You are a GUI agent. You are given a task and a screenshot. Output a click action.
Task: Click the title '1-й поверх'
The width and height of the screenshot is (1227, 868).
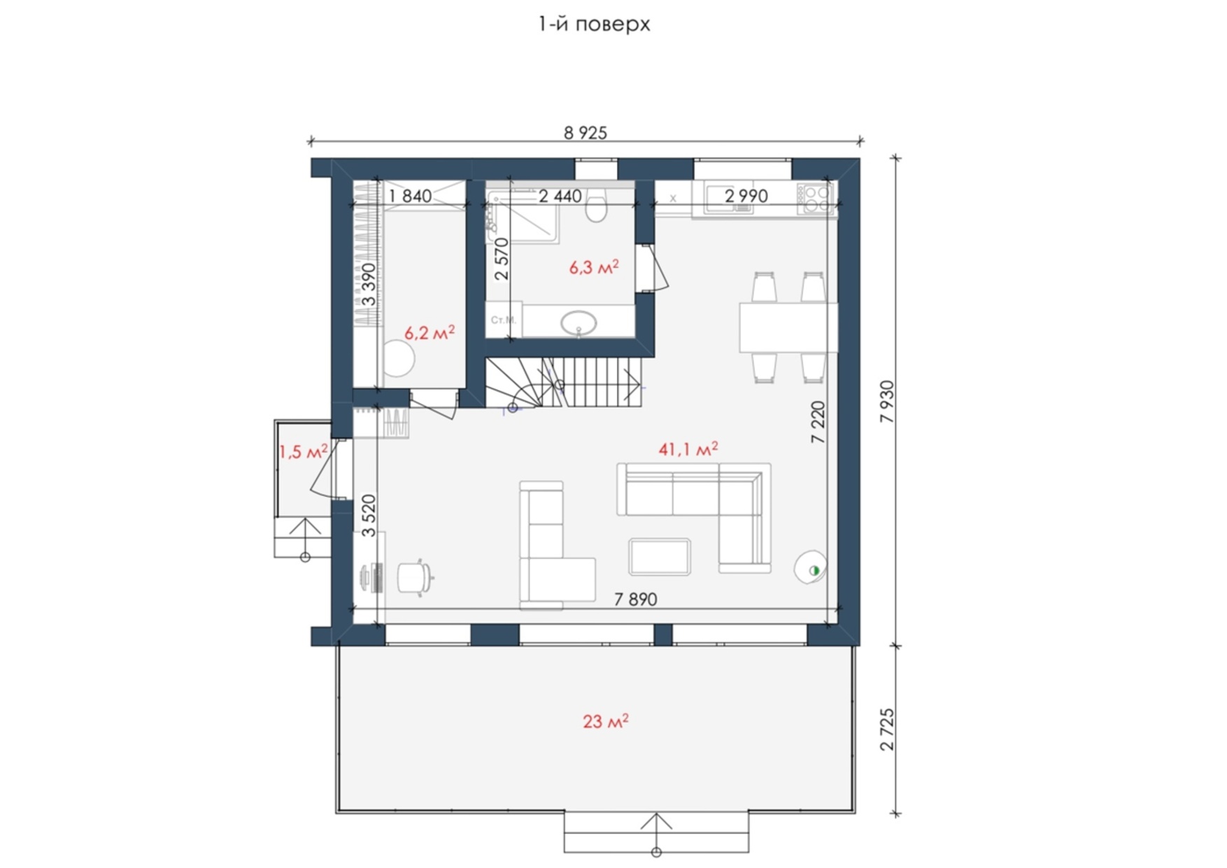[x=594, y=24]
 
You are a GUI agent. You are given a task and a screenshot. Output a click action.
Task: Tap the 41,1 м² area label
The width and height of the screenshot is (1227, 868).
[x=688, y=449]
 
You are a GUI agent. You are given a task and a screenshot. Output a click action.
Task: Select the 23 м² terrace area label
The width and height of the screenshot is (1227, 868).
[x=606, y=721]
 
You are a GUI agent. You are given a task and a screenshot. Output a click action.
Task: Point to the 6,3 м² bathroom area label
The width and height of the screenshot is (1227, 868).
[x=594, y=267]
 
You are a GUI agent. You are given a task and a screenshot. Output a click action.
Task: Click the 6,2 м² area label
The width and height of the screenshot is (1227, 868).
[x=430, y=332]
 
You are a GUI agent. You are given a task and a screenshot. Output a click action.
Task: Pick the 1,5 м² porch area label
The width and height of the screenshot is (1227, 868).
[x=304, y=452]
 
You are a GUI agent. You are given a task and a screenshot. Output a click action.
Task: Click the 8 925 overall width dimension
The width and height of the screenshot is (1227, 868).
[x=586, y=132]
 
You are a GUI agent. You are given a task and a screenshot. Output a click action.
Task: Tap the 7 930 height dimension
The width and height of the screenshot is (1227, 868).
[x=887, y=401]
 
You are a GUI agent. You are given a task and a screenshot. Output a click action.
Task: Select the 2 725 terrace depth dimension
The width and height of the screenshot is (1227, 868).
[x=887, y=730]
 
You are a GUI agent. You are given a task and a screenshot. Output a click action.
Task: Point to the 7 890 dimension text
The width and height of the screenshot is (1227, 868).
[x=636, y=599]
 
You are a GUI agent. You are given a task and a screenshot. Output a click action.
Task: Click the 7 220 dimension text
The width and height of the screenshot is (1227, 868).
[x=818, y=422]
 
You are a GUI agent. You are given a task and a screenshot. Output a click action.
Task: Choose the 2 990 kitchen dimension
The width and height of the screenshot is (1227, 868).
[x=746, y=196]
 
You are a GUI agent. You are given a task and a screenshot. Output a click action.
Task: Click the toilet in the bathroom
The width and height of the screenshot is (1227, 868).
[x=597, y=205]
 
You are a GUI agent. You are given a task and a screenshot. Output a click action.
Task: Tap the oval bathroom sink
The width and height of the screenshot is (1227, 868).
[x=579, y=324]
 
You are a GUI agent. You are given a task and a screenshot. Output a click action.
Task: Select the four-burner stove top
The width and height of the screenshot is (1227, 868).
[x=815, y=198]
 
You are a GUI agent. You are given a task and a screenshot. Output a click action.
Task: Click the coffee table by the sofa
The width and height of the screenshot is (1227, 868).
[x=660, y=557]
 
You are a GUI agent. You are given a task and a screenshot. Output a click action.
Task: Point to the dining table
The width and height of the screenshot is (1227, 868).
[x=788, y=327]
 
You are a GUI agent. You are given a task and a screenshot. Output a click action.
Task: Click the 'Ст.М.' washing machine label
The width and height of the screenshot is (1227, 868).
[x=504, y=320]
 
